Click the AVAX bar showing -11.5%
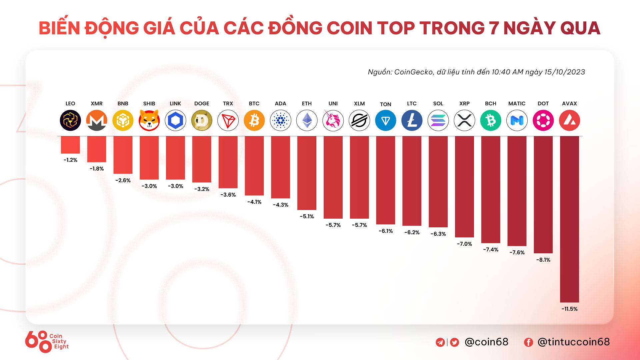[x=569, y=219]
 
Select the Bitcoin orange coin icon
[x=254, y=120]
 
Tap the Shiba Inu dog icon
[x=149, y=120]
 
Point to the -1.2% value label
[x=70, y=160]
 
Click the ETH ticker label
[x=307, y=104]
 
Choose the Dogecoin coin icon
[x=202, y=120]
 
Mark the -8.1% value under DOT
[x=543, y=260]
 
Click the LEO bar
[x=70, y=145]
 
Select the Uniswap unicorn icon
[x=333, y=120]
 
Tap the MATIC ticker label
[x=517, y=104]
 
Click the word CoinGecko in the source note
[x=413, y=72]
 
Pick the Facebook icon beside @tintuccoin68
[x=528, y=342]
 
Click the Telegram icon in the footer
[x=440, y=342]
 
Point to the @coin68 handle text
[x=486, y=342]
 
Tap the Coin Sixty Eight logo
[x=47, y=341]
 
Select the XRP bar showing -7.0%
[x=464, y=187]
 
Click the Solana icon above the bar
[x=438, y=120]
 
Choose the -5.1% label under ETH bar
[x=307, y=216]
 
